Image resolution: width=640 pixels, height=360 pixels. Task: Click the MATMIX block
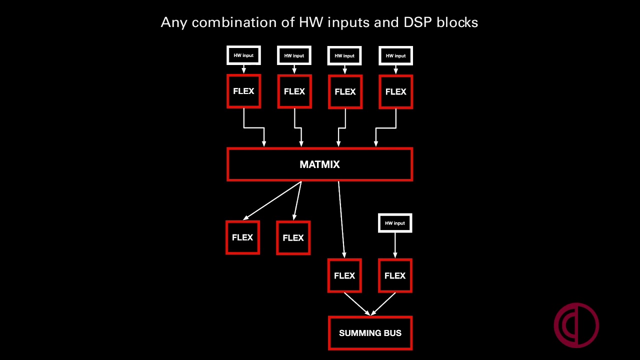(319, 164)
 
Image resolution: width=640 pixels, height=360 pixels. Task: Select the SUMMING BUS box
(370, 333)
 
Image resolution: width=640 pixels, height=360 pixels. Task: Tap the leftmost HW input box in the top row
(243, 55)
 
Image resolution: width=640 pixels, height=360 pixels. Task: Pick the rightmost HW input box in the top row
(395, 55)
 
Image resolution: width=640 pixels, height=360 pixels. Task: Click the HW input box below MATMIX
(395, 223)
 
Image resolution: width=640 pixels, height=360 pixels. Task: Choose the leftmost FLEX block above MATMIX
(243, 91)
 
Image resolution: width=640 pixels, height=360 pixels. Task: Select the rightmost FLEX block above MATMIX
(395, 91)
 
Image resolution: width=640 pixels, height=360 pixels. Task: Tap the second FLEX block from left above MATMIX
(294, 91)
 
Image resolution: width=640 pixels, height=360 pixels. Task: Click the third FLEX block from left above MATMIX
(345, 91)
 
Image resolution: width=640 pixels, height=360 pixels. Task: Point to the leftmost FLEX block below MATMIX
(242, 237)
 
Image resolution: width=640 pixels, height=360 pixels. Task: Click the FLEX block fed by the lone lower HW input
(395, 275)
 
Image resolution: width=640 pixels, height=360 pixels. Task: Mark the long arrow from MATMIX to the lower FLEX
(341, 219)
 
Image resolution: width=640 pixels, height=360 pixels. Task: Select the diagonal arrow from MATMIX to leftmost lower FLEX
(272, 200)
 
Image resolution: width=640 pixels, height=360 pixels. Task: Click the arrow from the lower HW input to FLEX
(395, 245)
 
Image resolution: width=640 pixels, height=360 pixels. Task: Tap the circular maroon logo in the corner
(576, 325)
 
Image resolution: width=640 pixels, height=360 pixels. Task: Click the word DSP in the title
(417, 22)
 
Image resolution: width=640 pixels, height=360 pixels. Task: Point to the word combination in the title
(234, 22)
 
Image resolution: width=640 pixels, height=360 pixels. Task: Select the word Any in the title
(173, 23)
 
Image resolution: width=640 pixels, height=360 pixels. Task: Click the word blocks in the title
(457, 22)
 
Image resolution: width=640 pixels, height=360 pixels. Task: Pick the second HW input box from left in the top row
(294, 55)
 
